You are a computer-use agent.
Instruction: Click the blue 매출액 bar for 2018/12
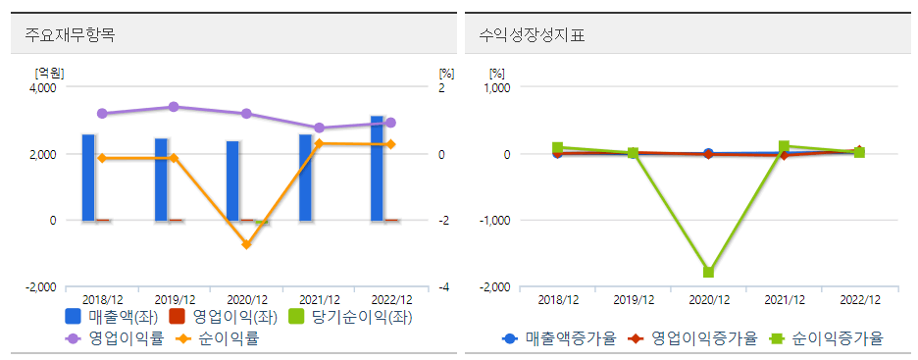[88, 178]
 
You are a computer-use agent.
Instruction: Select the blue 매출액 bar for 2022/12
[377, 169]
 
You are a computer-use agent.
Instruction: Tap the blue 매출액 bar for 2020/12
[232, 180]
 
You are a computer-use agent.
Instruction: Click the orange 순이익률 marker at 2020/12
[246, 244]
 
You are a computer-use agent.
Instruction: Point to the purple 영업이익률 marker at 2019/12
[174, 107]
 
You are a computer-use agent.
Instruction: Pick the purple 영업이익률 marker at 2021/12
[319, 128]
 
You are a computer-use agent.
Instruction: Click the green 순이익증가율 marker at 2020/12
[708, 273]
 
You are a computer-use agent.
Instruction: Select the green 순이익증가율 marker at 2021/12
[785, 146]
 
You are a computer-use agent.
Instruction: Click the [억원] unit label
[49, 73]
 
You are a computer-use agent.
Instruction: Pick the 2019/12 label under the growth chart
[633, 299]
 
